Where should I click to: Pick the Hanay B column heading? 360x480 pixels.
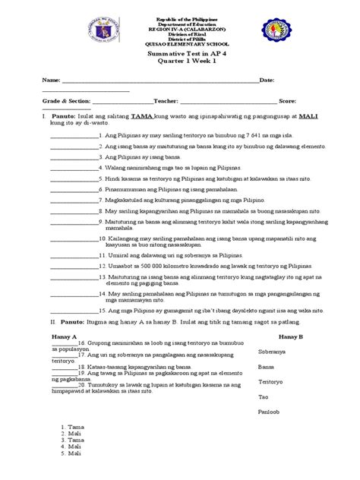(x=291, y=314)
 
